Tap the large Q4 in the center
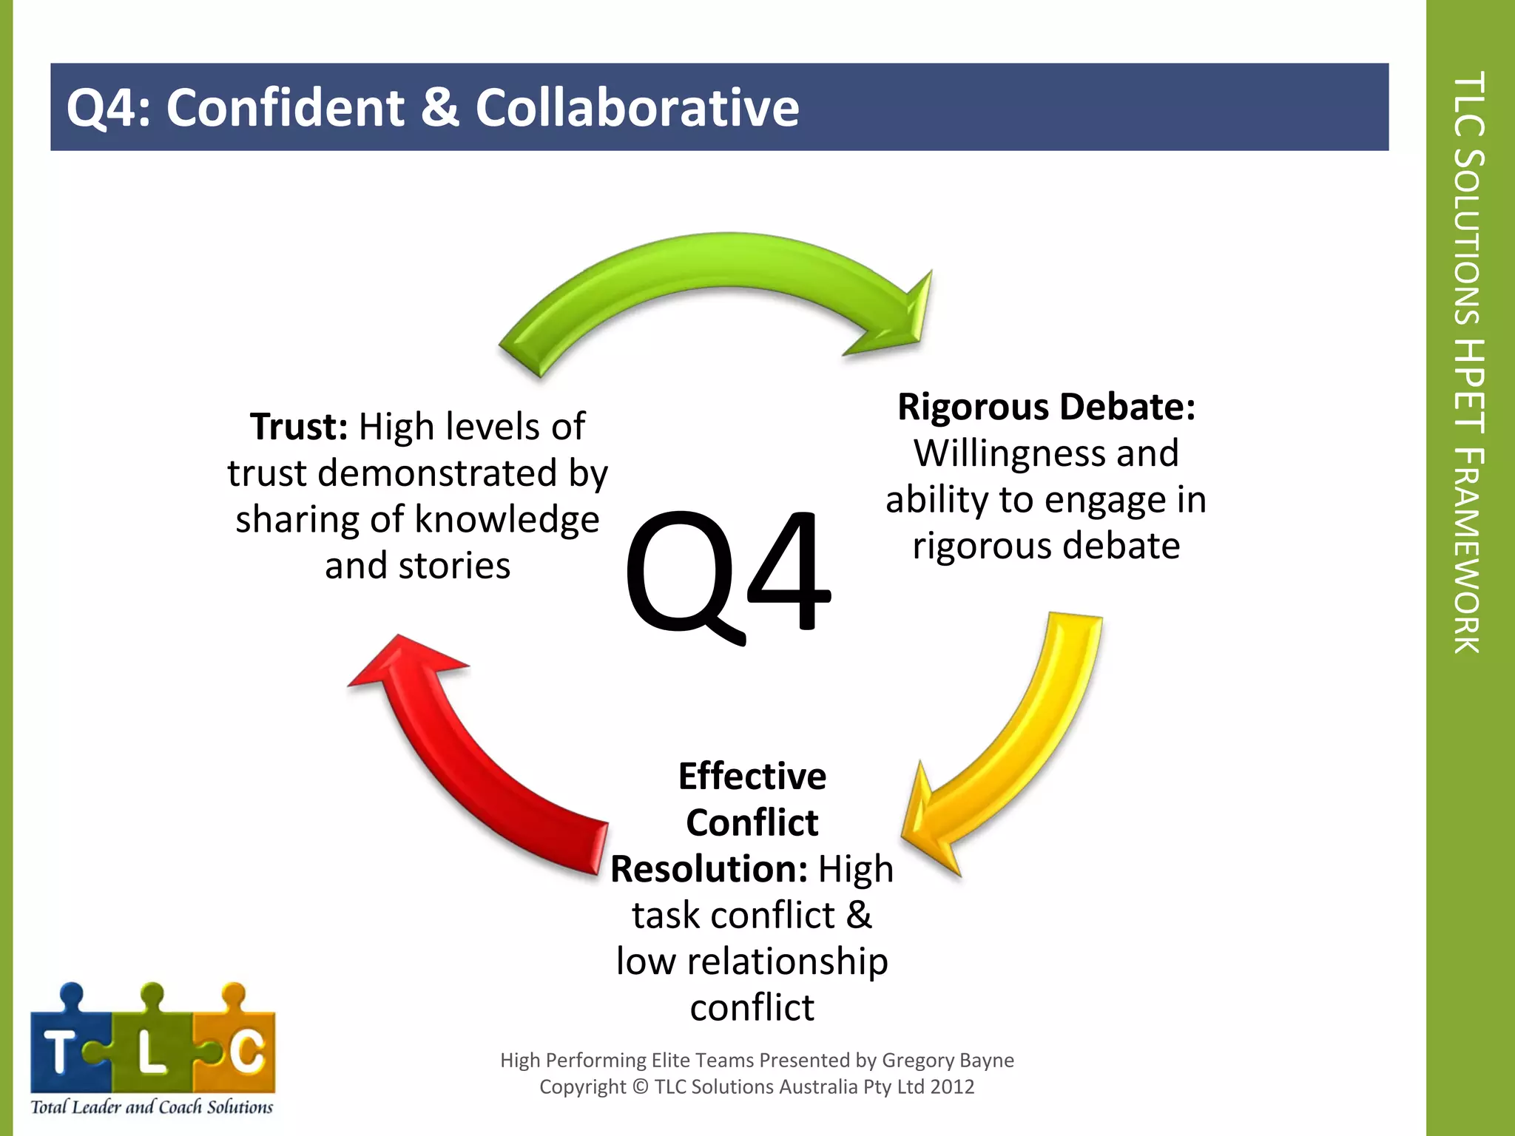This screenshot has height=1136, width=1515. click(x=728, y=573)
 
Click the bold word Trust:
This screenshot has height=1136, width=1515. click(x=299, y=427)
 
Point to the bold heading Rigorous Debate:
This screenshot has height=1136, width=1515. click(x=1046, y=407)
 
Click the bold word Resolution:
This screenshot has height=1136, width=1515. click(x=709, y=869)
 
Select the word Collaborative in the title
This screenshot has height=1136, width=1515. click(x=637, y=107)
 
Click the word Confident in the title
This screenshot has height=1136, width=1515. click(x=285, y=107)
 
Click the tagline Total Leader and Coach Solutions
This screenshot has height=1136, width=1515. click(x=152, y=1107)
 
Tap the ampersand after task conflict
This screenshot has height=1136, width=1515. click(x=859, y=916)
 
